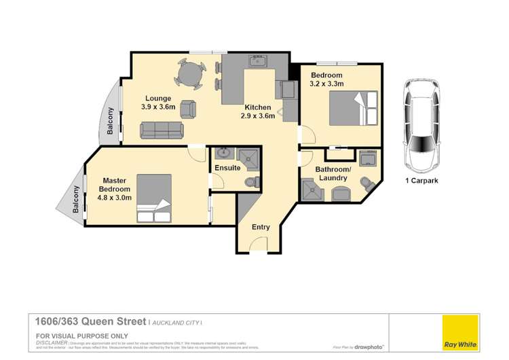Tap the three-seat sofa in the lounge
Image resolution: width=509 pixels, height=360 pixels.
161,129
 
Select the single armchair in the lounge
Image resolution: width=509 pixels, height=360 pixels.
188,108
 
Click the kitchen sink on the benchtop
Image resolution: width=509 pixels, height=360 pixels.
257,62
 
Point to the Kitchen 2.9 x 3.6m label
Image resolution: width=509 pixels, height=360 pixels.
258,112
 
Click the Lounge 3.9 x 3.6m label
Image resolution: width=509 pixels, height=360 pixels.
158,102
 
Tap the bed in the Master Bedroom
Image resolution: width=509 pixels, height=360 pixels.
155,198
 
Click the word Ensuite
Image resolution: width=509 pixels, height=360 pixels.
227,167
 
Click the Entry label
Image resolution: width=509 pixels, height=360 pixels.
261,227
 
